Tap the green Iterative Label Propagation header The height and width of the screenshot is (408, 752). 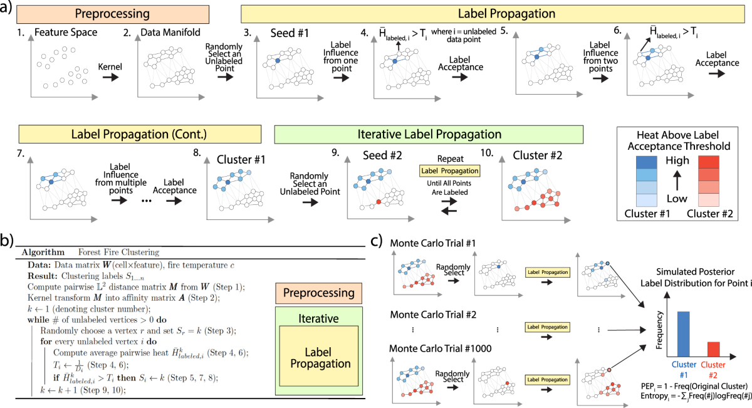429,134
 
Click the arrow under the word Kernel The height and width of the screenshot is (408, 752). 109,76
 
